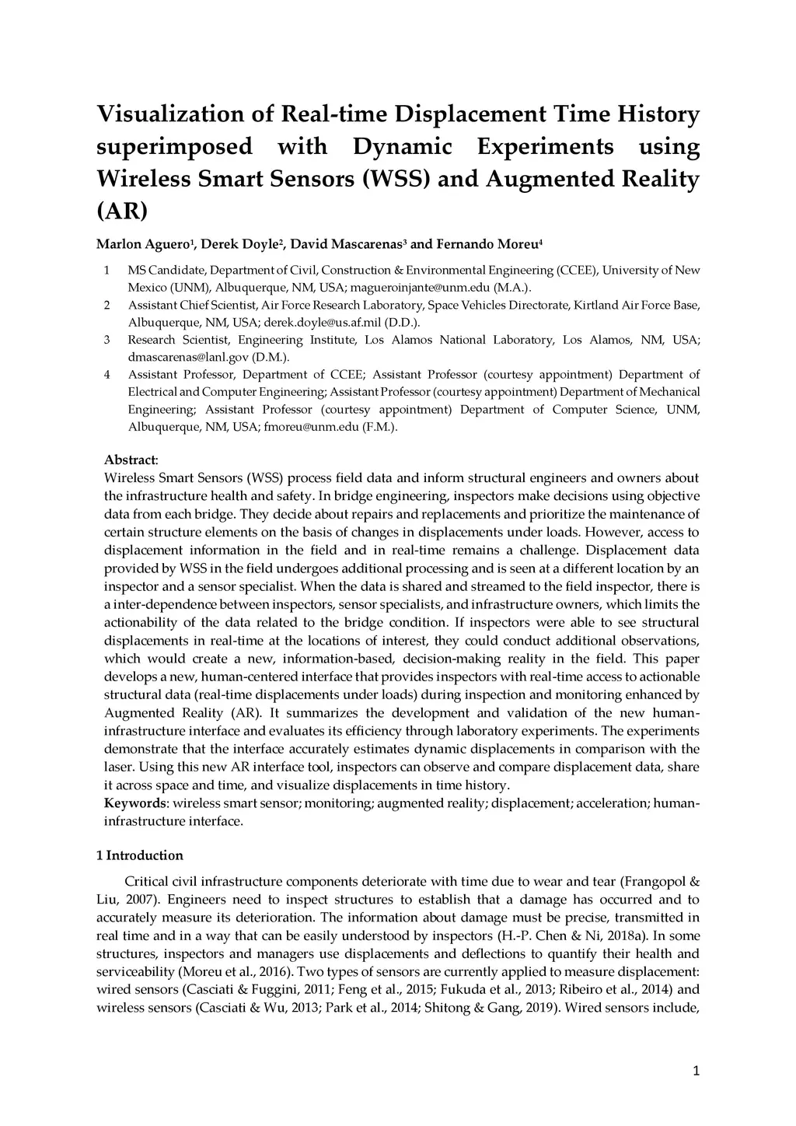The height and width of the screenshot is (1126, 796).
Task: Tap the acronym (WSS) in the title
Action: click(x=396, y=179)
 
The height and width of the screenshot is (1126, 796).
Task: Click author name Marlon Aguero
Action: click(x=142, y=245)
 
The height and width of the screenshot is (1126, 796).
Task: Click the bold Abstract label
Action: click(x=130, y=460)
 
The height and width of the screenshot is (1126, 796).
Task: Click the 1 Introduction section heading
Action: click(x=140, y=855)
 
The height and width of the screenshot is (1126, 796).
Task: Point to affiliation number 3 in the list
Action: click(x=106, y=340)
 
